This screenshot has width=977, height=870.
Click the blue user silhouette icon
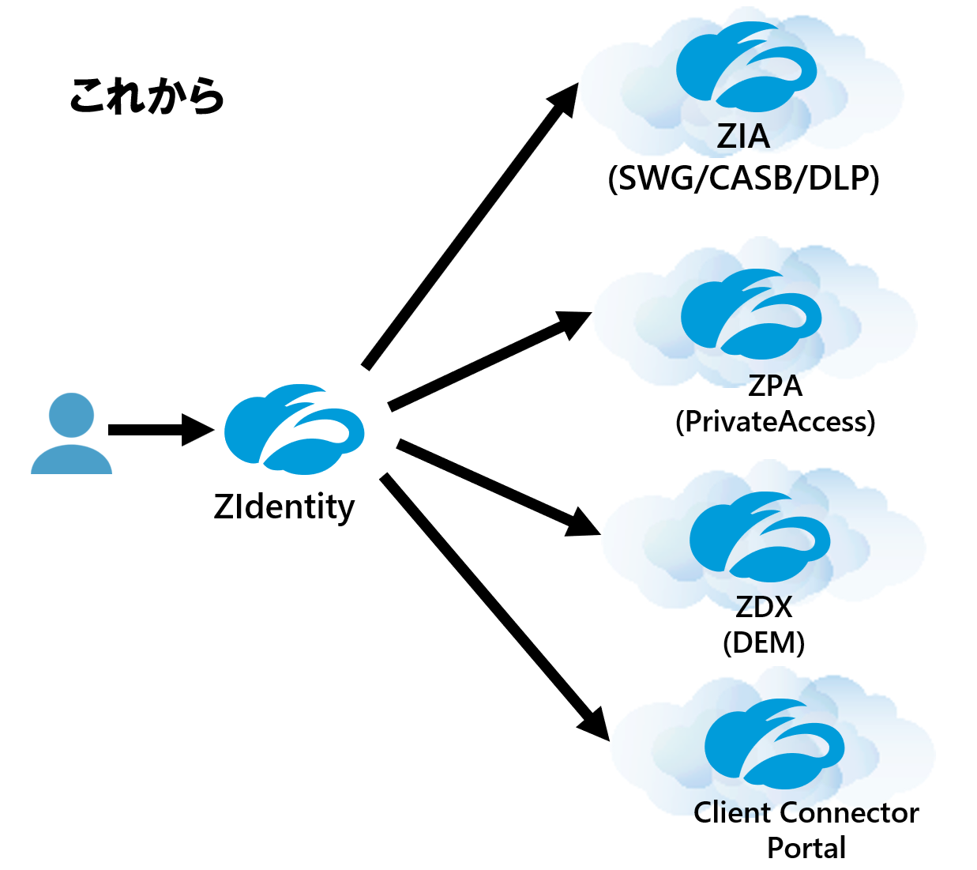[71, 434]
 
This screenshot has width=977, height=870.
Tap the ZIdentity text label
[284, 507]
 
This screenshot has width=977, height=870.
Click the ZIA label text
[742, 137]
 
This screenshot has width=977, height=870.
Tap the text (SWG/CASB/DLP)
[743, 179]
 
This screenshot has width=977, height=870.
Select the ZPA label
[775, 386]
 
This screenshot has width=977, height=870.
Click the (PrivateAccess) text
[775, 422]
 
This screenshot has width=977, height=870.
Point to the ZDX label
[764, 607]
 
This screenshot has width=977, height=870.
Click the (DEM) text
[764, 642]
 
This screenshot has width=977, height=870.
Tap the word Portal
[806, 848]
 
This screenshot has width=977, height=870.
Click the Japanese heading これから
[147, 96]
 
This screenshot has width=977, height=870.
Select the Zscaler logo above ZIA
[746, 67]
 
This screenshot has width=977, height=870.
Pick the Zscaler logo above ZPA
[751, 314]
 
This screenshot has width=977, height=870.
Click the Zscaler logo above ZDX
[760, 537]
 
